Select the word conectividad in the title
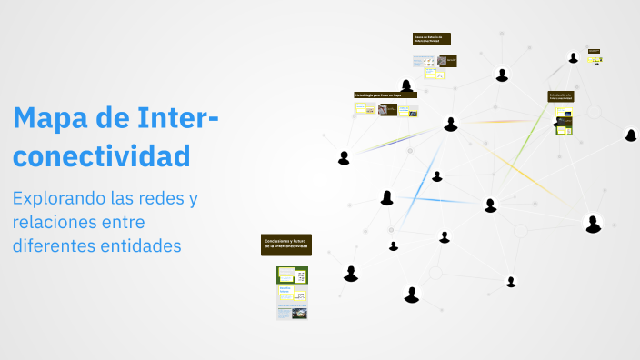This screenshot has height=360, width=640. click(102, 155)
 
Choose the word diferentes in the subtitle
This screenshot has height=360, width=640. click(56, 245)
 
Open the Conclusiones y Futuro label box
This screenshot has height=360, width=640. click(286, 244)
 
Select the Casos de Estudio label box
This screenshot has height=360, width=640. click(431, 39)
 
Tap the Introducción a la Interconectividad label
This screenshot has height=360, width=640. click(560, 95)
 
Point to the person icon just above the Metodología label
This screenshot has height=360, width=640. click(406, 86)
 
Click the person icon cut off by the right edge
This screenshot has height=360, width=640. click(631, 135)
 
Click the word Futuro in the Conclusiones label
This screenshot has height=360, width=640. click(298, 240)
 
